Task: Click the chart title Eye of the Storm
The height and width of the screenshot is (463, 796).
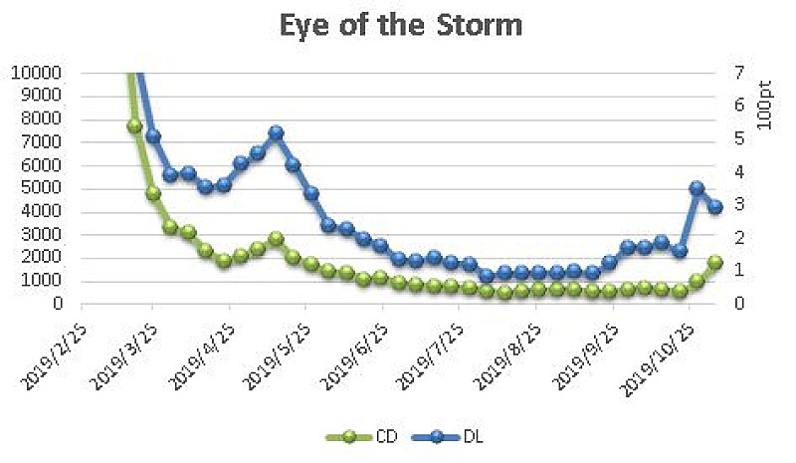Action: [397, 24]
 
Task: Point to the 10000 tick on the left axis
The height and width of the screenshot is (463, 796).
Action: [36, 73]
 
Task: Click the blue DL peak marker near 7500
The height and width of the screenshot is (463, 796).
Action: [276, 132]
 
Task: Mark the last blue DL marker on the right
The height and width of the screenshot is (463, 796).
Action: [714, 206]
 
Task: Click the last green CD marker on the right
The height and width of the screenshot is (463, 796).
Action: [714, 262]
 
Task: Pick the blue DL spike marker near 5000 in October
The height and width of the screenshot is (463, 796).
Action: [696, 188]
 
